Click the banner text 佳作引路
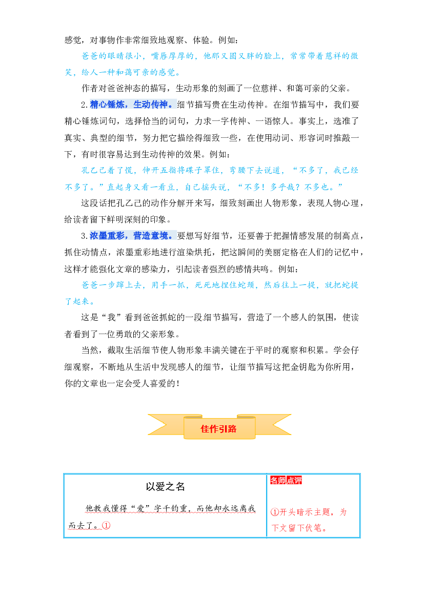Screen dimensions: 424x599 coord(218,429)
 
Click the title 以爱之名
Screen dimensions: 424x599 coord(165,486)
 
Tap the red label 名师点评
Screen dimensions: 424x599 coord(286,480)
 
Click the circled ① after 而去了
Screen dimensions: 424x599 coord(106,525)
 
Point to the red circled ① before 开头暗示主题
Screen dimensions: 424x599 coord(274,512)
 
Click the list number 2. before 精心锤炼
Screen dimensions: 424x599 coord(85,105)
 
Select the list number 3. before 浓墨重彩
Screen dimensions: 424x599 coord(85,236)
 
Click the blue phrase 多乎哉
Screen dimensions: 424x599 coord(284,187)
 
